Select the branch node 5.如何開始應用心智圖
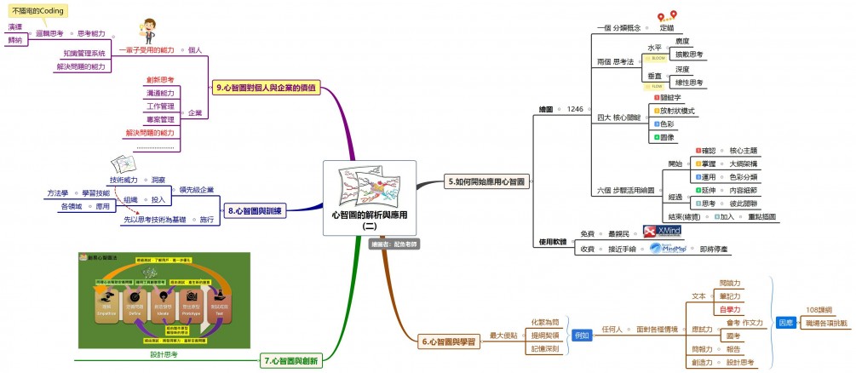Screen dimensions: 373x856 pyautogui.click(x=486, y=181)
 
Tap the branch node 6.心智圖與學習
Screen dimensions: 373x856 pyautogui.click(x=449, y=341)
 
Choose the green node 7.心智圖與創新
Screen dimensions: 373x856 pyautogui.click(x=290, y=361)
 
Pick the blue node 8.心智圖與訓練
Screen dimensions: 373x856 pyautogui.click(x=255, y=209)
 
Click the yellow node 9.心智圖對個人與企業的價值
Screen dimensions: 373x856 pyautogui.click(x=267, y=87)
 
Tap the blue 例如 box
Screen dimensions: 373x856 pyautogui.click(x=582, y=335)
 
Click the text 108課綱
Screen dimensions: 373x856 pyautogui.click(x=819, y=311)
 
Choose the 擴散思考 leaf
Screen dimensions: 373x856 pyautogui.click(x=688, y=54)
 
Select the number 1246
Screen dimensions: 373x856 pyautogui.click(x=575, y=109)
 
